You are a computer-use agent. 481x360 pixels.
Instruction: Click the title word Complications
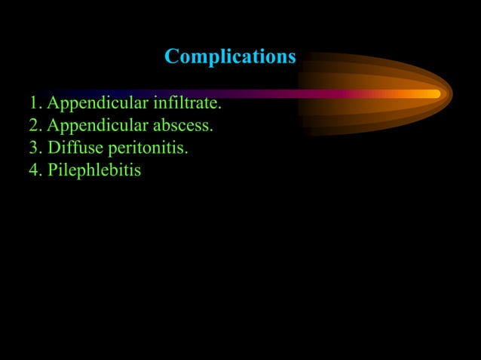(230, 56)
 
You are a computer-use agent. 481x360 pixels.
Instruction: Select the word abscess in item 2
(182, 125)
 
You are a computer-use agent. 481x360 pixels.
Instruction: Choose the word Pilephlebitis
(94, 170)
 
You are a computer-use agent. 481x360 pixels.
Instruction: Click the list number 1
(33, 102)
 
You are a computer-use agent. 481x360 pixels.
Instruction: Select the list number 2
(33, 125)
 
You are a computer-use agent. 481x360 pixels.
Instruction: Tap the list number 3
(33, 148)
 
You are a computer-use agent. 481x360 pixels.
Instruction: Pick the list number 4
(34, 170)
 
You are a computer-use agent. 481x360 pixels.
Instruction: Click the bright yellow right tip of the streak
(433, 94)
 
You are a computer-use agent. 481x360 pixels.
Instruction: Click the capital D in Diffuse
(54, 148)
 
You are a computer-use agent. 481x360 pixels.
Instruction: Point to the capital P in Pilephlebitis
(52, 170)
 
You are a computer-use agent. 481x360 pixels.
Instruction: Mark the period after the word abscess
(212, 130)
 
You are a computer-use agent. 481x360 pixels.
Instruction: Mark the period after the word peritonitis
(186, 152)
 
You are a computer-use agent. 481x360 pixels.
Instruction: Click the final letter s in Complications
(291, 57)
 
